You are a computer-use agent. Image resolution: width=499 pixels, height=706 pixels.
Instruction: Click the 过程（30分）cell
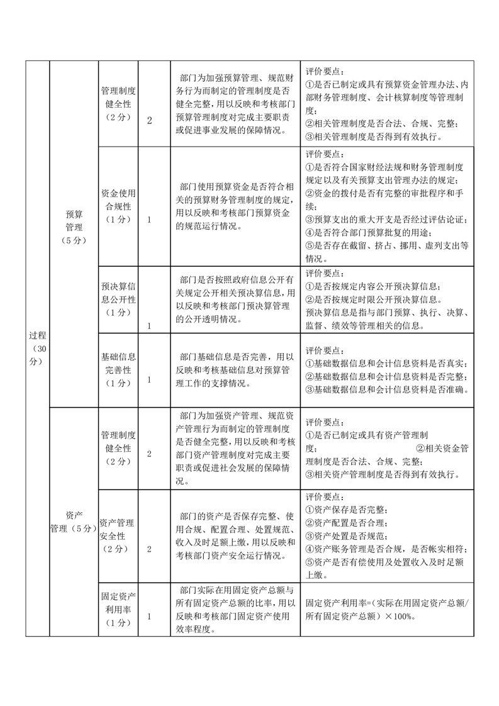(x=37, y=348)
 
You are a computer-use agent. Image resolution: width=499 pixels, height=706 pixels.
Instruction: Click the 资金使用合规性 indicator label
(x=118, y=206)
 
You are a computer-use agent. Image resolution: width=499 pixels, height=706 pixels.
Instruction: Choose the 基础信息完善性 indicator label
(x=118, y=369)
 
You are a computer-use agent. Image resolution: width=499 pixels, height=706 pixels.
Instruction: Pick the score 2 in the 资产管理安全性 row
(x=149, y=549)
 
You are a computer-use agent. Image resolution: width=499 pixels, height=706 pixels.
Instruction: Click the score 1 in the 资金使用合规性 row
(x=149, y=220)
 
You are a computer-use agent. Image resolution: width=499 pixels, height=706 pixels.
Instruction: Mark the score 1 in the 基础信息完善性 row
(x=149, y=379)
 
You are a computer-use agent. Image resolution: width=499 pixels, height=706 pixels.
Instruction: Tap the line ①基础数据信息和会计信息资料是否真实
(x=386, y=363)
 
